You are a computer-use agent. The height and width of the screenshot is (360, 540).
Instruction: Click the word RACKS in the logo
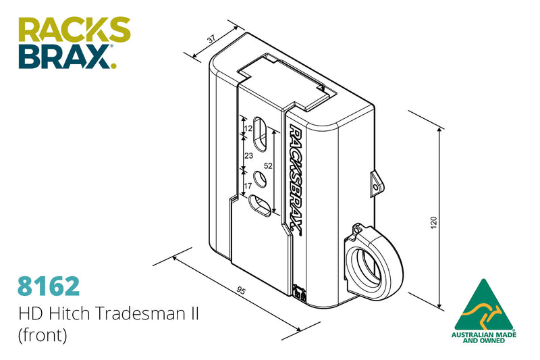pos(74,30)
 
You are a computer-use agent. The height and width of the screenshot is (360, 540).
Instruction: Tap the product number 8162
pos(49,286)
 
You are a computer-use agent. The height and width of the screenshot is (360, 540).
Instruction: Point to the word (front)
pos(43,336)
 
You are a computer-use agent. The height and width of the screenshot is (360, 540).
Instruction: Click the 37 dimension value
pos(212,40)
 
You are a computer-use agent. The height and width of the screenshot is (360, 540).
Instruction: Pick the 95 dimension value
pos(240,290)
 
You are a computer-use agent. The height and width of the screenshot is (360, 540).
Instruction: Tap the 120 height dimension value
pos(433,221)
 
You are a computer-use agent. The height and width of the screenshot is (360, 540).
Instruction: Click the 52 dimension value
pos(267,165)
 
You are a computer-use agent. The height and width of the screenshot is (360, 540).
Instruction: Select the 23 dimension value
pos(248,155)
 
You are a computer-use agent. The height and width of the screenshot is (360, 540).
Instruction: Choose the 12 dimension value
pos(248,128)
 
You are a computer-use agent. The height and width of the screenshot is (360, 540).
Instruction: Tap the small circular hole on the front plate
pos(260,179)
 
